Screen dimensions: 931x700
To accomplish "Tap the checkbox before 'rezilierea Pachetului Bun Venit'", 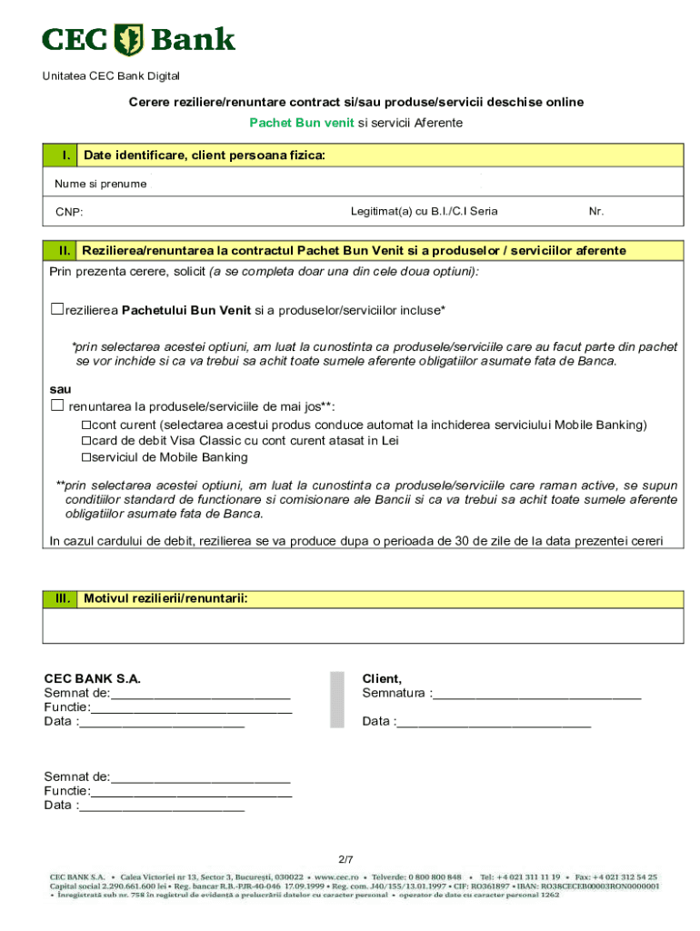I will pos(57,309).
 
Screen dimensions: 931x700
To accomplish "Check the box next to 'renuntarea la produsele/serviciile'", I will pos(57,405).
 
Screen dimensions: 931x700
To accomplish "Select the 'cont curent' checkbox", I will pos(86,425).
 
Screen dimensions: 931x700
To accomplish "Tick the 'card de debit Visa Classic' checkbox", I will pos(86,441).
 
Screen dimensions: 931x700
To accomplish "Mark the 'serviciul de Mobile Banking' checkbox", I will pos(86,457).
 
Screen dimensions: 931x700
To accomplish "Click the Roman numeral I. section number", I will pos(66,156).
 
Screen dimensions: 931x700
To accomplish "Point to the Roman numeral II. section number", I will pos(65,250).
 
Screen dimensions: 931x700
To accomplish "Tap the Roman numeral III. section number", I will pos(63,598).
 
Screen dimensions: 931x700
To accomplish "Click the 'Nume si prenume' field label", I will pos(100,184).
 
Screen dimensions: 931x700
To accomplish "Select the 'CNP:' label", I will pos(69,213).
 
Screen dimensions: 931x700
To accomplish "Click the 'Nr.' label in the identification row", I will pos(596,212).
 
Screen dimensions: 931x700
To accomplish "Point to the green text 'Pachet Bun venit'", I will pos(302,123).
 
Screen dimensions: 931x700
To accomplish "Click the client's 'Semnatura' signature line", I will pos(536,696).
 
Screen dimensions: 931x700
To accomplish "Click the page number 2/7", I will pos(345,859).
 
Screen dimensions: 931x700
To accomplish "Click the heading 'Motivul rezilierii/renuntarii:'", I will pos(165,598).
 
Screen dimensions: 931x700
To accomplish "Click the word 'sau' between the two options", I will pos(60,389).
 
